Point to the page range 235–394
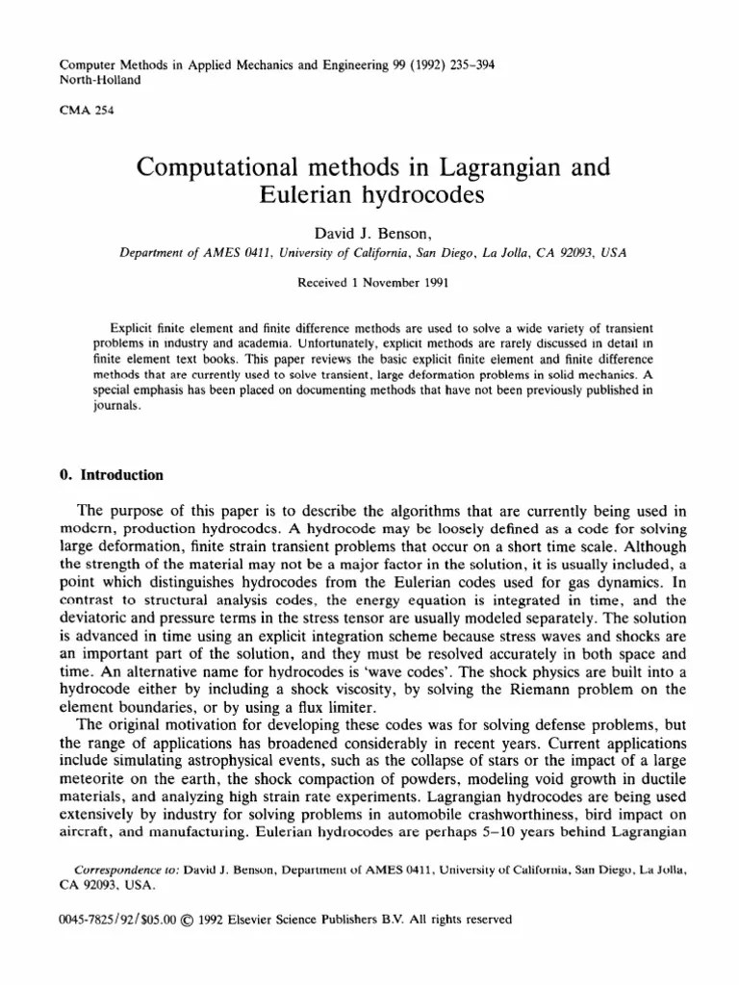[x=464, y=65]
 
